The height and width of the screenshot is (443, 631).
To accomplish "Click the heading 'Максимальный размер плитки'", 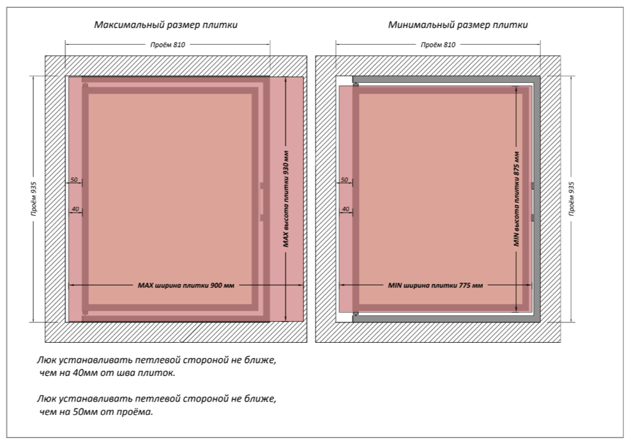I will [166, 25].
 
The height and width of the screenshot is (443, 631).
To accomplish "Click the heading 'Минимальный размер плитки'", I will [458, 25].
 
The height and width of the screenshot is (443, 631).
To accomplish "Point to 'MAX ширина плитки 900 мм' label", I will [186, 285].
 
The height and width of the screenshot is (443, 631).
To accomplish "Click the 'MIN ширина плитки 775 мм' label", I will [436, 285].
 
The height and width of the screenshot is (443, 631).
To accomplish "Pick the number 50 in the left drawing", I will [74, 180].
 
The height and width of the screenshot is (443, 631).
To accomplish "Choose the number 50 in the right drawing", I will [345, 180].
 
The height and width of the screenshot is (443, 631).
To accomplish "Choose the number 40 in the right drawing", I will [345, 209].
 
